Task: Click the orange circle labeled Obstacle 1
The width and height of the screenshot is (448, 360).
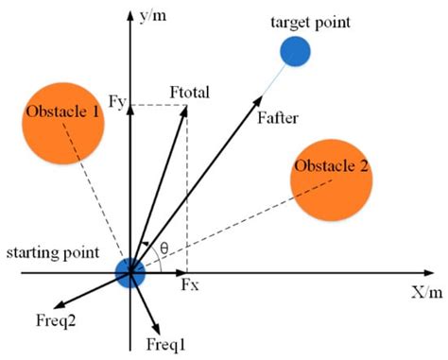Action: point(64,119)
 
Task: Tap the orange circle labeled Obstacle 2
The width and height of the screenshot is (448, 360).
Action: point(331,180)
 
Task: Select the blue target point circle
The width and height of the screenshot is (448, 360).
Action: point(296,51)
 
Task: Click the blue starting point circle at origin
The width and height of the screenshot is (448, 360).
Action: point(129,273)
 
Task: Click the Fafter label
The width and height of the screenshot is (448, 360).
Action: point(277,119)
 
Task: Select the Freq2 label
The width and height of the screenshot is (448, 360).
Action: point(70,318)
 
